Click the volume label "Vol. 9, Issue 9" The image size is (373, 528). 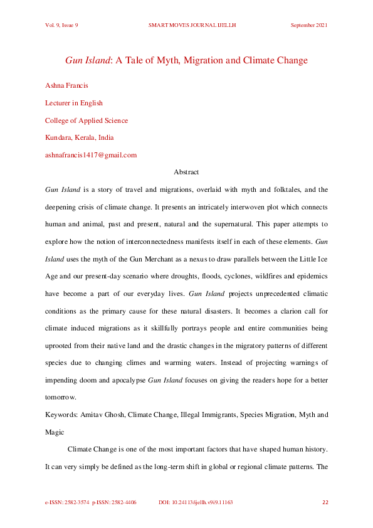click(61, 25)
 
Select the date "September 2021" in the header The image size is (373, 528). click(309, 25)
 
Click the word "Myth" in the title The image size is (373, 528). click(179, 61)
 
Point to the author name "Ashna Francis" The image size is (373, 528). click(66, 86)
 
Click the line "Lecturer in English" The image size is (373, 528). click(74, 103)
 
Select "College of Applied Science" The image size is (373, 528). click(87, 120)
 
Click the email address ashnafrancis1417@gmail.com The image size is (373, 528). click(91, 155)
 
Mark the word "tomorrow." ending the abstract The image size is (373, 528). click(61, 397)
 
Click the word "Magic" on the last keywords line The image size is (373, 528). click(55, 432)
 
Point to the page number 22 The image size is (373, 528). click(325, 502)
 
